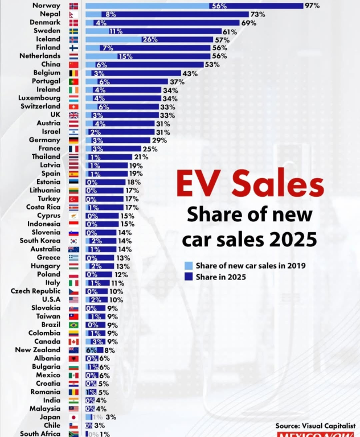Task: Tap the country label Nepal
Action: coord(49,14)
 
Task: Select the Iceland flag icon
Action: coord(73,39)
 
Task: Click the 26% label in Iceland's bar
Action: coord(150,40)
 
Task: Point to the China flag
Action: coord(73,64)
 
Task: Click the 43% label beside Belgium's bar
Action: coord(190,73)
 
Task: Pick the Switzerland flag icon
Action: coord(73,106)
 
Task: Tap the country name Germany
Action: coord(44,140)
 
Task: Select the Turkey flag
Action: coord(73,199)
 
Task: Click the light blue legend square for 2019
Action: coord(189,266)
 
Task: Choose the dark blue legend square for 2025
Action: coord(189,277)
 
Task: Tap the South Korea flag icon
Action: coord(73,241)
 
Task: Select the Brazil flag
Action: coord(73,325)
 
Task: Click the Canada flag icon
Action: coord(73,341)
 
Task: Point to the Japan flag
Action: coord(73,417)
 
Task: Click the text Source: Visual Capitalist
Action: coord(316,426)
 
